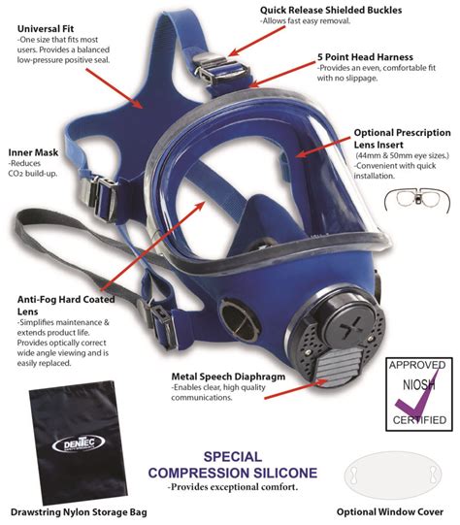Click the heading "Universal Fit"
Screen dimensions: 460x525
[x=46, y=29]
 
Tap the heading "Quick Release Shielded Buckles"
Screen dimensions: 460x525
[x=331, y=10]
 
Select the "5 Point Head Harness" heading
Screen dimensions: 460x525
[x=365, y=57]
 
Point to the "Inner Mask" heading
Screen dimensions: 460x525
[x=33, y=152]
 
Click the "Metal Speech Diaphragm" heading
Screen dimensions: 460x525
[x=228, y=377]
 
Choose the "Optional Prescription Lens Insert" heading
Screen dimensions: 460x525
[x=402, y=139]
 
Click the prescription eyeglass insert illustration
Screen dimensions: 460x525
[x=417, y=200]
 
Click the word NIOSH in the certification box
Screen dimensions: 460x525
[x=419, y=385]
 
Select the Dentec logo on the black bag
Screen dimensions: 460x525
[x=79, y=443]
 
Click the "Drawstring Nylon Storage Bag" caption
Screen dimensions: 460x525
[x=79, y=512]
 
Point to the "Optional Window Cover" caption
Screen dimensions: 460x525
[x=390, y=511]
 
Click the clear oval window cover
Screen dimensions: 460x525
[x=393, y=475]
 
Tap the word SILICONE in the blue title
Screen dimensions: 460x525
[x=284, y=473]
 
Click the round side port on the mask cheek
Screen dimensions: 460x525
[x=240, y=318]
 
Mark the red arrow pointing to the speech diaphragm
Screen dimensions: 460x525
[x=296, y=389]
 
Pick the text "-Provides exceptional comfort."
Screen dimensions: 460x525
[x=233, y=487]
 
